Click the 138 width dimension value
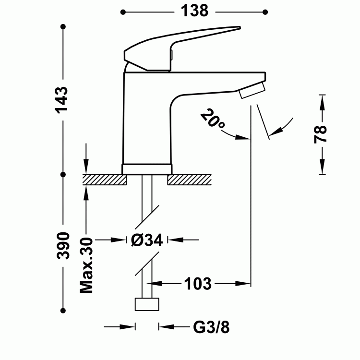[194, 10]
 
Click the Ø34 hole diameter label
[147, 239]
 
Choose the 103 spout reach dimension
[197, 284]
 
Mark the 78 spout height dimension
[321, 134]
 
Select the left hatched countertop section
[104, 179]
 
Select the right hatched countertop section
[190, 179]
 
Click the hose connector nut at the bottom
[147, 305]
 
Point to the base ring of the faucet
[147, 168]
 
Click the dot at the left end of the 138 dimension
[123, 11]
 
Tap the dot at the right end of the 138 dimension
[265, 11]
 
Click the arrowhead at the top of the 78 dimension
[321, 98]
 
